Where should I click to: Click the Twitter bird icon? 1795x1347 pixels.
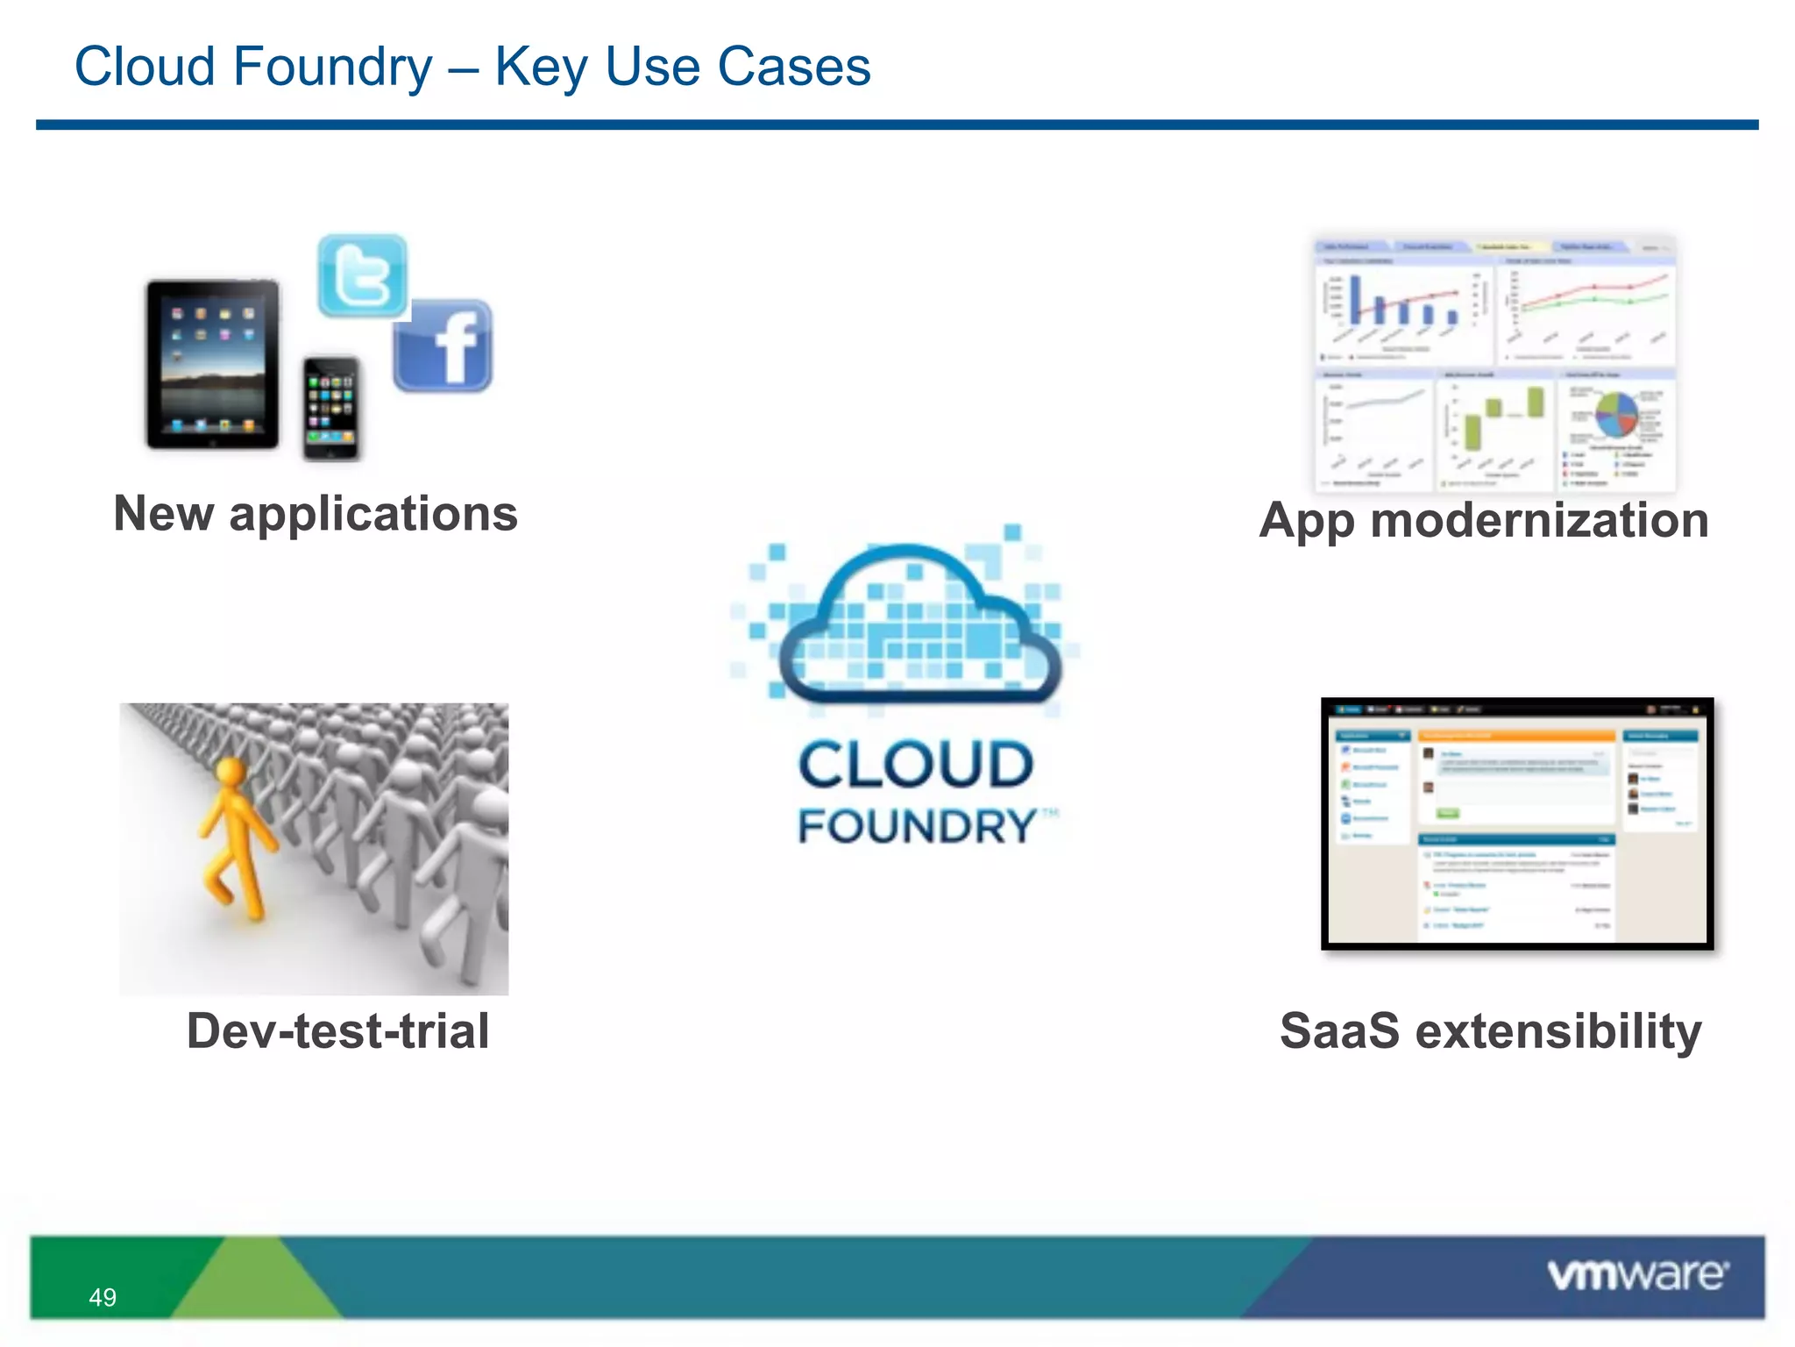pyautogui.click(x=362, y=276)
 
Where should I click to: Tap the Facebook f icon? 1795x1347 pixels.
pyautogui.click(x=443, y=346)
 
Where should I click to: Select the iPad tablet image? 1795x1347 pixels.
pyautogui.click(x=212, y=364)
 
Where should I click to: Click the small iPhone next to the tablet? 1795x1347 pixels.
pyautogui.click(x=330, y=408)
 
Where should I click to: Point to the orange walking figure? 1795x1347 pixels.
pyautogui.click(x=232, y=837)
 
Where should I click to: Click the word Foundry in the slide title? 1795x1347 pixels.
pyautogui.click(x=332, y=68)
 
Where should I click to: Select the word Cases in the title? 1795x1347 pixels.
pyautogui.click(x=793, y=68)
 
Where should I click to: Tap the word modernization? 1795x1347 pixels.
pyautogui.click(x=1539, y=520)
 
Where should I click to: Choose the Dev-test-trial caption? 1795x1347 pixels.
pyautogui.click(x=337, y=1030)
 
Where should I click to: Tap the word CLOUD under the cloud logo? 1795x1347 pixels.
pyautogui.click(x=916, y=765)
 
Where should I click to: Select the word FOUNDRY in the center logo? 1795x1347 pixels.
pyautogui.click(x=916, y=827)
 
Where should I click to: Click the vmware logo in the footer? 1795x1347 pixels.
pyautogui.click(x=1637, y=1274)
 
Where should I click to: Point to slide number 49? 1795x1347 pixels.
pyautogui.click(x=103, y=1297)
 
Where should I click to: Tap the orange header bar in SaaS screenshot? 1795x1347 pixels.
pyautogui.click(x=1516, y=736)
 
